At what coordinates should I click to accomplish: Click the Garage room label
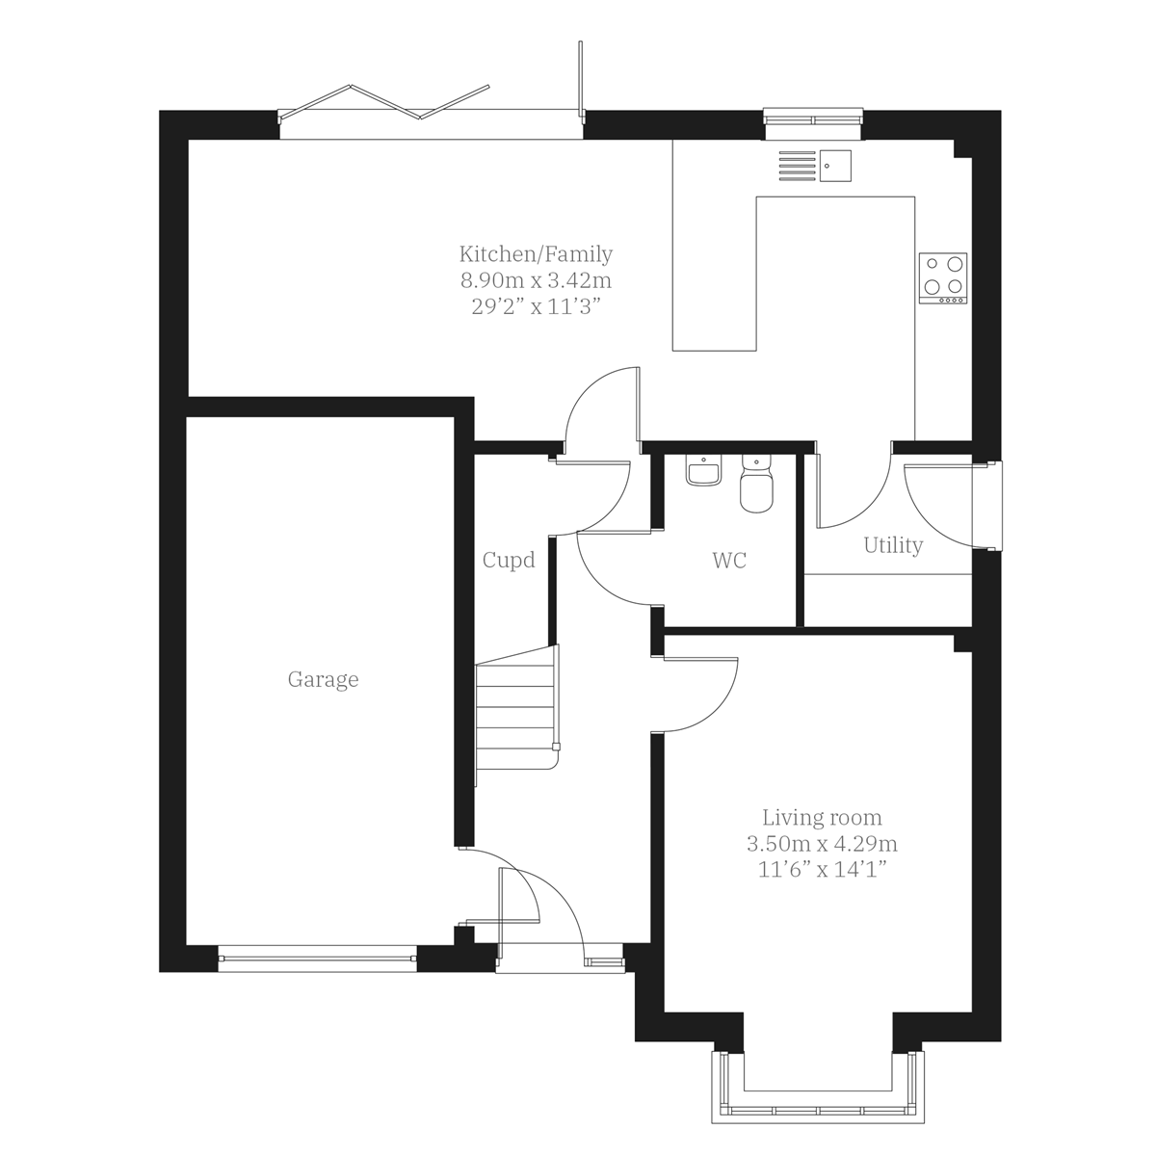click(x=323, y=680)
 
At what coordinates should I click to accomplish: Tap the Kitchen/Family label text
click(x=536, y=254)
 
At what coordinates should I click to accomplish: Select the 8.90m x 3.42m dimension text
click(x=536, y=280)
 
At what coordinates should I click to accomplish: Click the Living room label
click(x=822, y=818)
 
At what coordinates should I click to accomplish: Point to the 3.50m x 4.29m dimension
click(x=822, y=844)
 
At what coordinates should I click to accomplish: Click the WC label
click(x=729, y=561)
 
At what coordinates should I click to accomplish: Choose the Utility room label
click(x=893, y=545)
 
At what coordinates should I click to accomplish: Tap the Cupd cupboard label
click(x=509, y=560)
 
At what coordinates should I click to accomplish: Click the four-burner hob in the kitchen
click(x=943, y=276)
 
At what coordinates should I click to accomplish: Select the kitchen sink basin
click(x=835, y=166)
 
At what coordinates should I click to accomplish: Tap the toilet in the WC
click(x=755, y=487)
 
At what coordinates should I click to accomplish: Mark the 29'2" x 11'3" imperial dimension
click(x=536, y=306)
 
